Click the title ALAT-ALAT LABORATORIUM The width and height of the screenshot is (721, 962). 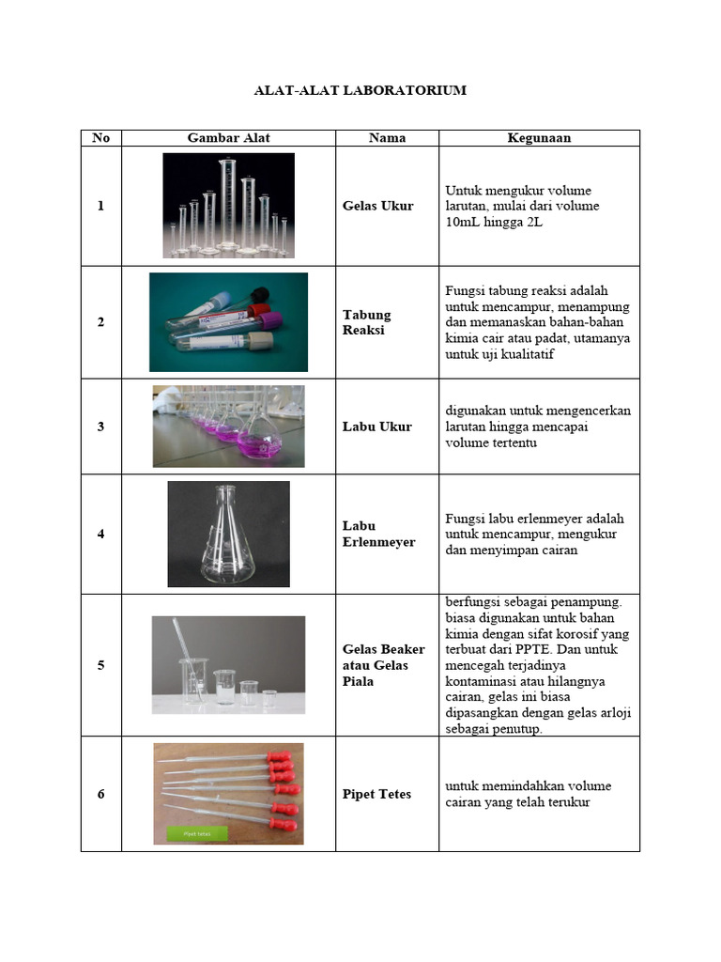coord(360,90)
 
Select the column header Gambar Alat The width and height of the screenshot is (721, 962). coord(228,138)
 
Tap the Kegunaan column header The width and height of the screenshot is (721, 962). coord(539,138)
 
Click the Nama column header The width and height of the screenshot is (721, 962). coord(387,138)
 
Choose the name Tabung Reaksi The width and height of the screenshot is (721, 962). coord(367,322)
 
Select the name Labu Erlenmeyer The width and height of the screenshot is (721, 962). coord(378,534)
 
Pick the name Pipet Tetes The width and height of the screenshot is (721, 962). coord(377,794)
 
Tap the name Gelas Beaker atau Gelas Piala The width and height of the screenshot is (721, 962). coord(384,665)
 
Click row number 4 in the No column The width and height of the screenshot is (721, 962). coord(101,534)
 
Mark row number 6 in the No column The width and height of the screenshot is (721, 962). coord(101,794)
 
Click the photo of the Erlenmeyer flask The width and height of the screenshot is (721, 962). coord(228,534)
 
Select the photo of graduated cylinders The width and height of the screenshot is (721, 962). coord(228,206)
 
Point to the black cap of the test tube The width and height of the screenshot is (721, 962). coord(260,295)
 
